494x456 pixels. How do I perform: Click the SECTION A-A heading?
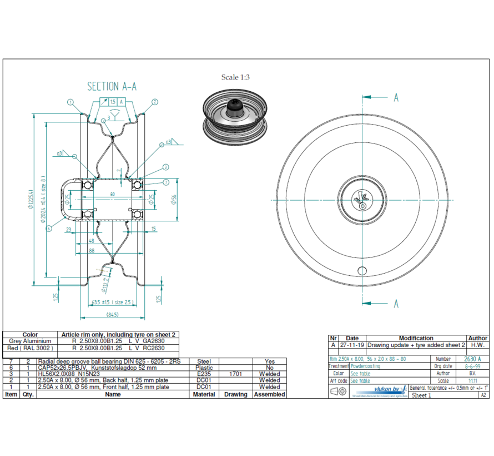112,86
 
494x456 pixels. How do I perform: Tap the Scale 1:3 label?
235,77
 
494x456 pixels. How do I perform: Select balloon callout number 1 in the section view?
70,102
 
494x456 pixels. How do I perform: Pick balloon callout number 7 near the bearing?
165,182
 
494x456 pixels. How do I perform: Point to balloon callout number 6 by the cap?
49,228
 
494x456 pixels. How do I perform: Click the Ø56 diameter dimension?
173,200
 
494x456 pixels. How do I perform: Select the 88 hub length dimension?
91,251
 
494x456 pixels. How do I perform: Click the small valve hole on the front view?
362,271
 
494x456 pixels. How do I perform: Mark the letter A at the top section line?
396,98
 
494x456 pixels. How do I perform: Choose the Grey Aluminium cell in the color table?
30,341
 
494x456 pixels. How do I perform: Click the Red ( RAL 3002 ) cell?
30,348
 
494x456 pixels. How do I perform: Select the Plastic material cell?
204,368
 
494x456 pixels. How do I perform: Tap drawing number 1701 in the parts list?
235,374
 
